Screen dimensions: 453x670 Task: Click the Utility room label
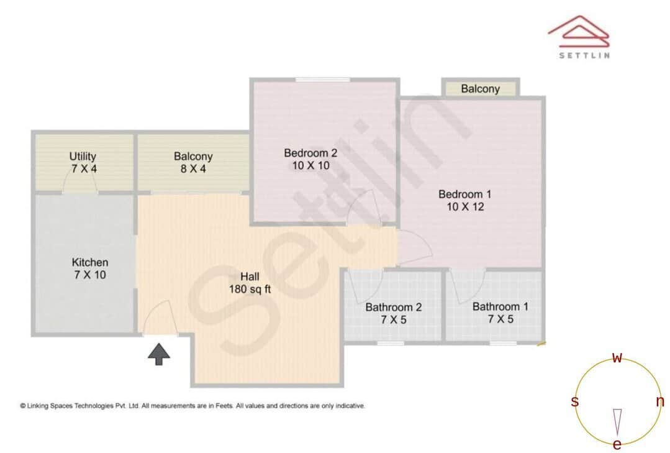click(x=83, y=162)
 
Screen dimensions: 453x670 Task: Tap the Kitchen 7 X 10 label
click(x=89, y=268)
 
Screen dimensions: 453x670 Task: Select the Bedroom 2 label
click(x=310, y=159)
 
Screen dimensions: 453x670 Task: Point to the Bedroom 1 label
click(x=464, y=200)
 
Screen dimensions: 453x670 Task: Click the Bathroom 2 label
click(x=394, y=313)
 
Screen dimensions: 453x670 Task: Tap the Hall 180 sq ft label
click(x=250, y=283)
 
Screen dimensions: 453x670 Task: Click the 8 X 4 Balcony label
click(x=193, y=163)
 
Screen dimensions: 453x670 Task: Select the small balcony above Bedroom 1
click(x=480, y=89)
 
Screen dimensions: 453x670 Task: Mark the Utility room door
click(x=80, y=183)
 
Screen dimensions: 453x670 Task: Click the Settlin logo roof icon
click(x=578, y=32)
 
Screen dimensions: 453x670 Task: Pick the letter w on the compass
click(x=617, y=358)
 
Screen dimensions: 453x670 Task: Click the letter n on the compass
click(x=659, y=401)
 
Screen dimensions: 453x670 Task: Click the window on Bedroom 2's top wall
click(x=322, y=80)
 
